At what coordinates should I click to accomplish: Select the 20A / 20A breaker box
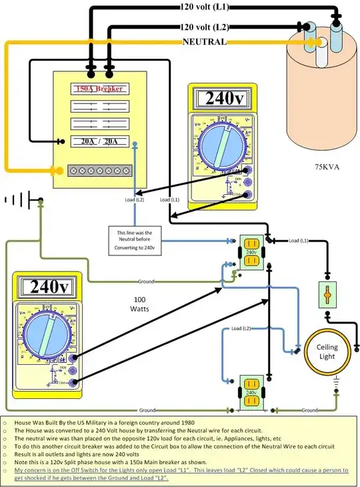pyautogui.click(x=99, y=141)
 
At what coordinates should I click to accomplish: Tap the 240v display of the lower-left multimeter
pyautogui.click(x=46, y=288)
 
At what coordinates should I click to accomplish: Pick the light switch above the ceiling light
pyautogui.click(x=327, y=294)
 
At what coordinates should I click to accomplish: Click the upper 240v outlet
pyautogui.click(x=251, y=253)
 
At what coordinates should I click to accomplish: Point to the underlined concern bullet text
pyautogui.click(x=180, y=474)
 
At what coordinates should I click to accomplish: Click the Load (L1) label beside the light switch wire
pyautogui.click(x=299, y=239)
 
